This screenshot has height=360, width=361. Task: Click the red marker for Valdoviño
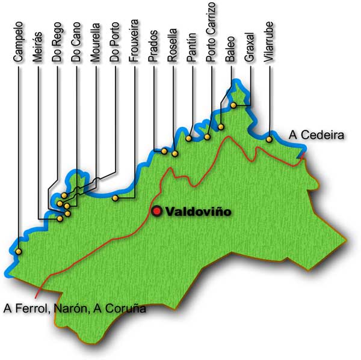click(x=157, y=211)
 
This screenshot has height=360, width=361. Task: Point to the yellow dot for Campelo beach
click(x=19, y=252)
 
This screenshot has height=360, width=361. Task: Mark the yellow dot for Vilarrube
click(x=269, y=139)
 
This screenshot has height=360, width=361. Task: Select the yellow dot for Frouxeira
click(x=116, y=198)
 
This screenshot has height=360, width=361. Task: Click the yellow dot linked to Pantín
click(x=188, y=138)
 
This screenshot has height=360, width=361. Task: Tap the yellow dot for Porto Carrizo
click(x=208, y=137)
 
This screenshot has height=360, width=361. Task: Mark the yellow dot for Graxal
click(x=233, y=106)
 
